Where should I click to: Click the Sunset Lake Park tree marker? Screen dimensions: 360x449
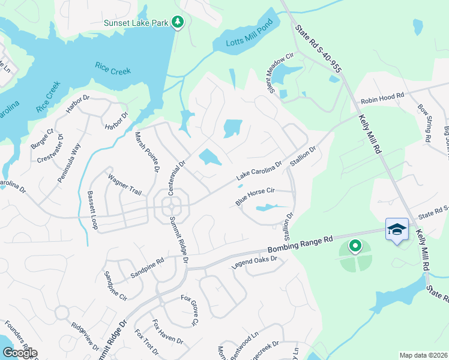(x=177, y=22)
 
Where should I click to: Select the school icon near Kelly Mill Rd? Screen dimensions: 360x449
(x=397, y=229)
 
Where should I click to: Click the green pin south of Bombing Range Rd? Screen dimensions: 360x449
(x=355, y=246)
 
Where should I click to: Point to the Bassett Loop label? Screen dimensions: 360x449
(x=92, y=206)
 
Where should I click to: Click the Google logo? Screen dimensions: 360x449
(x=19, y=352)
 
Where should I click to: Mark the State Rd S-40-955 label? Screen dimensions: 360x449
(x=318, y=50)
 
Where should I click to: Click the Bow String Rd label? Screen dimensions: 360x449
(x=424, y=123)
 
